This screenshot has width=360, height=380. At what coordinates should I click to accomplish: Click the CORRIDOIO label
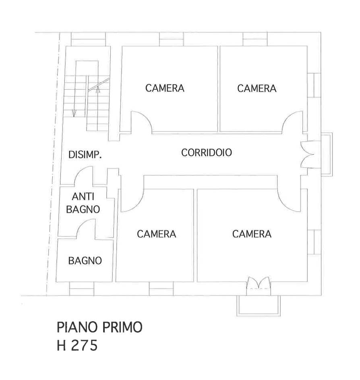(206, 153)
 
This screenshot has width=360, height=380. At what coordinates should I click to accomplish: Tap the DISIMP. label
(85, 155)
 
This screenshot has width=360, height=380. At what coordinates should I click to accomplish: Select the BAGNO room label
(85, 261)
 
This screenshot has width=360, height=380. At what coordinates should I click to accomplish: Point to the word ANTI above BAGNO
(83, 196)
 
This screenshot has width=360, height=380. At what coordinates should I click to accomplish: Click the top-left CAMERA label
(165, 88)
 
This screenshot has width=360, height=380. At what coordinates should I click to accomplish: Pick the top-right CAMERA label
(257, 89)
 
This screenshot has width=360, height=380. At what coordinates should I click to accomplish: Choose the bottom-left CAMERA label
(156, 234)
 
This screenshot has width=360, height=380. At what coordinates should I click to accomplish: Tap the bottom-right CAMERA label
(252, 234)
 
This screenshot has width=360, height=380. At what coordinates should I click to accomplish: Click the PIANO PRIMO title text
(99, 327)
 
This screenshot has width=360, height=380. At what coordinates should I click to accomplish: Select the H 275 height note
(77, 345)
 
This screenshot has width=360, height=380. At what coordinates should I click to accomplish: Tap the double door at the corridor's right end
(307, 155)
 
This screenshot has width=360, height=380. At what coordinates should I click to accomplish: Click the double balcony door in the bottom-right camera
(259, 283)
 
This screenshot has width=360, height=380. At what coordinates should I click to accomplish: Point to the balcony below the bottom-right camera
(259, 306)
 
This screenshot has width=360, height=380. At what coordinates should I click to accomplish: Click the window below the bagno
(82, 289)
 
